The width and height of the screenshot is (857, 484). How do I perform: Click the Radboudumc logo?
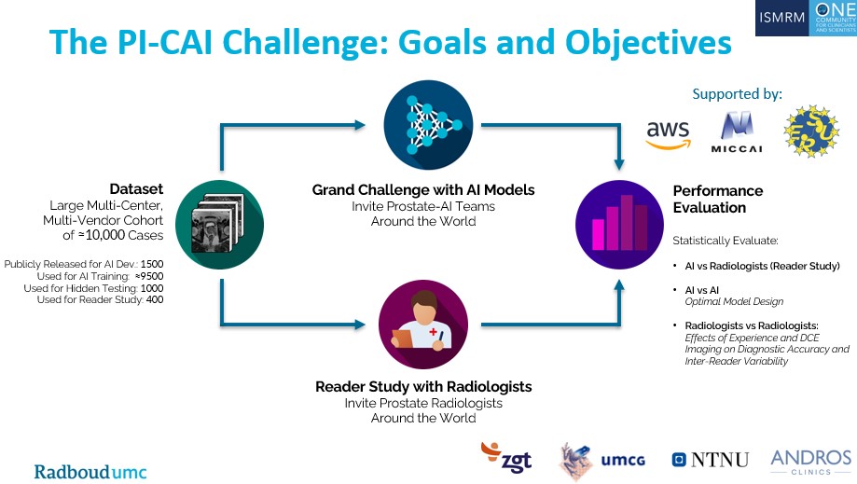click(90, 471)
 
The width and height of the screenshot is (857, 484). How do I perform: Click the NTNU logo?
click(711, 459)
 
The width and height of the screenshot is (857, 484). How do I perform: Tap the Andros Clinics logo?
click(810, 460)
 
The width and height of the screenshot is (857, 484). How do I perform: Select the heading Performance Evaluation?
click(718, 199)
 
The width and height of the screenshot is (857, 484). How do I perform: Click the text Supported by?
click(737, 94)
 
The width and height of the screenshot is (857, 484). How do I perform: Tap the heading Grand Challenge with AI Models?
click(423, 190)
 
